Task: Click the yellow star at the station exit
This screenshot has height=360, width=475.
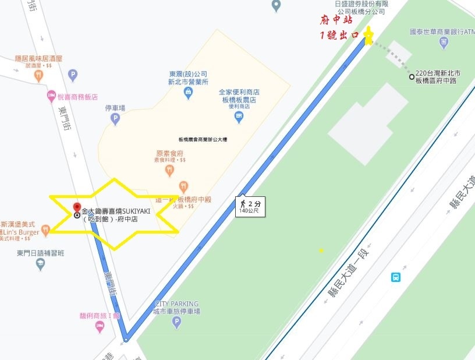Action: point(368,37)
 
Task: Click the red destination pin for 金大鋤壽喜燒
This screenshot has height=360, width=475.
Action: point(77,208)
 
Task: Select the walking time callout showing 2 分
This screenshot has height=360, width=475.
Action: point(251,206)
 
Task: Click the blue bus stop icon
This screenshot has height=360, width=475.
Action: point(396,277)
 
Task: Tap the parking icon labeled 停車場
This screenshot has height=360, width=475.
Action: point(115,119)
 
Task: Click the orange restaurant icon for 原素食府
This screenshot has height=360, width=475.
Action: point(169,170)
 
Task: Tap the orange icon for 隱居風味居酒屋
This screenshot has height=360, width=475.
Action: point(38,75)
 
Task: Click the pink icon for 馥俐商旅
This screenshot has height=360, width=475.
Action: point(99,327)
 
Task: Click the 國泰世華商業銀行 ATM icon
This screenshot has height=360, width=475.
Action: point(444,42)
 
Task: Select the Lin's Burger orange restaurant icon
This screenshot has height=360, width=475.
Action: point(45,232)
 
